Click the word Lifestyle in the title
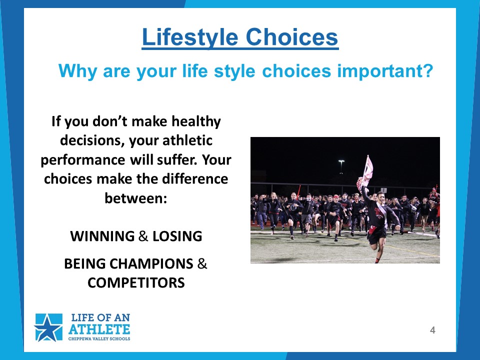point(190,37)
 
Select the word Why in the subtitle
point(78,71)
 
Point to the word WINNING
point(102,236)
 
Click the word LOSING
point(177,236)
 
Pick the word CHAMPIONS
point(151,264)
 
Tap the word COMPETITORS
point(136,283)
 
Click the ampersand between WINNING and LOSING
point(143,236)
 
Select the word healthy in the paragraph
point(196,121)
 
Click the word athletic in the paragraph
point(187,140)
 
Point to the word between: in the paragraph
point(136,198)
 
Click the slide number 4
point(432,330)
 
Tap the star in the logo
point(48,328)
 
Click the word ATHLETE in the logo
point(99,329)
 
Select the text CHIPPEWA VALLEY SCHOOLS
point(99,339)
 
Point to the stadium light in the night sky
point(341,162)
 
